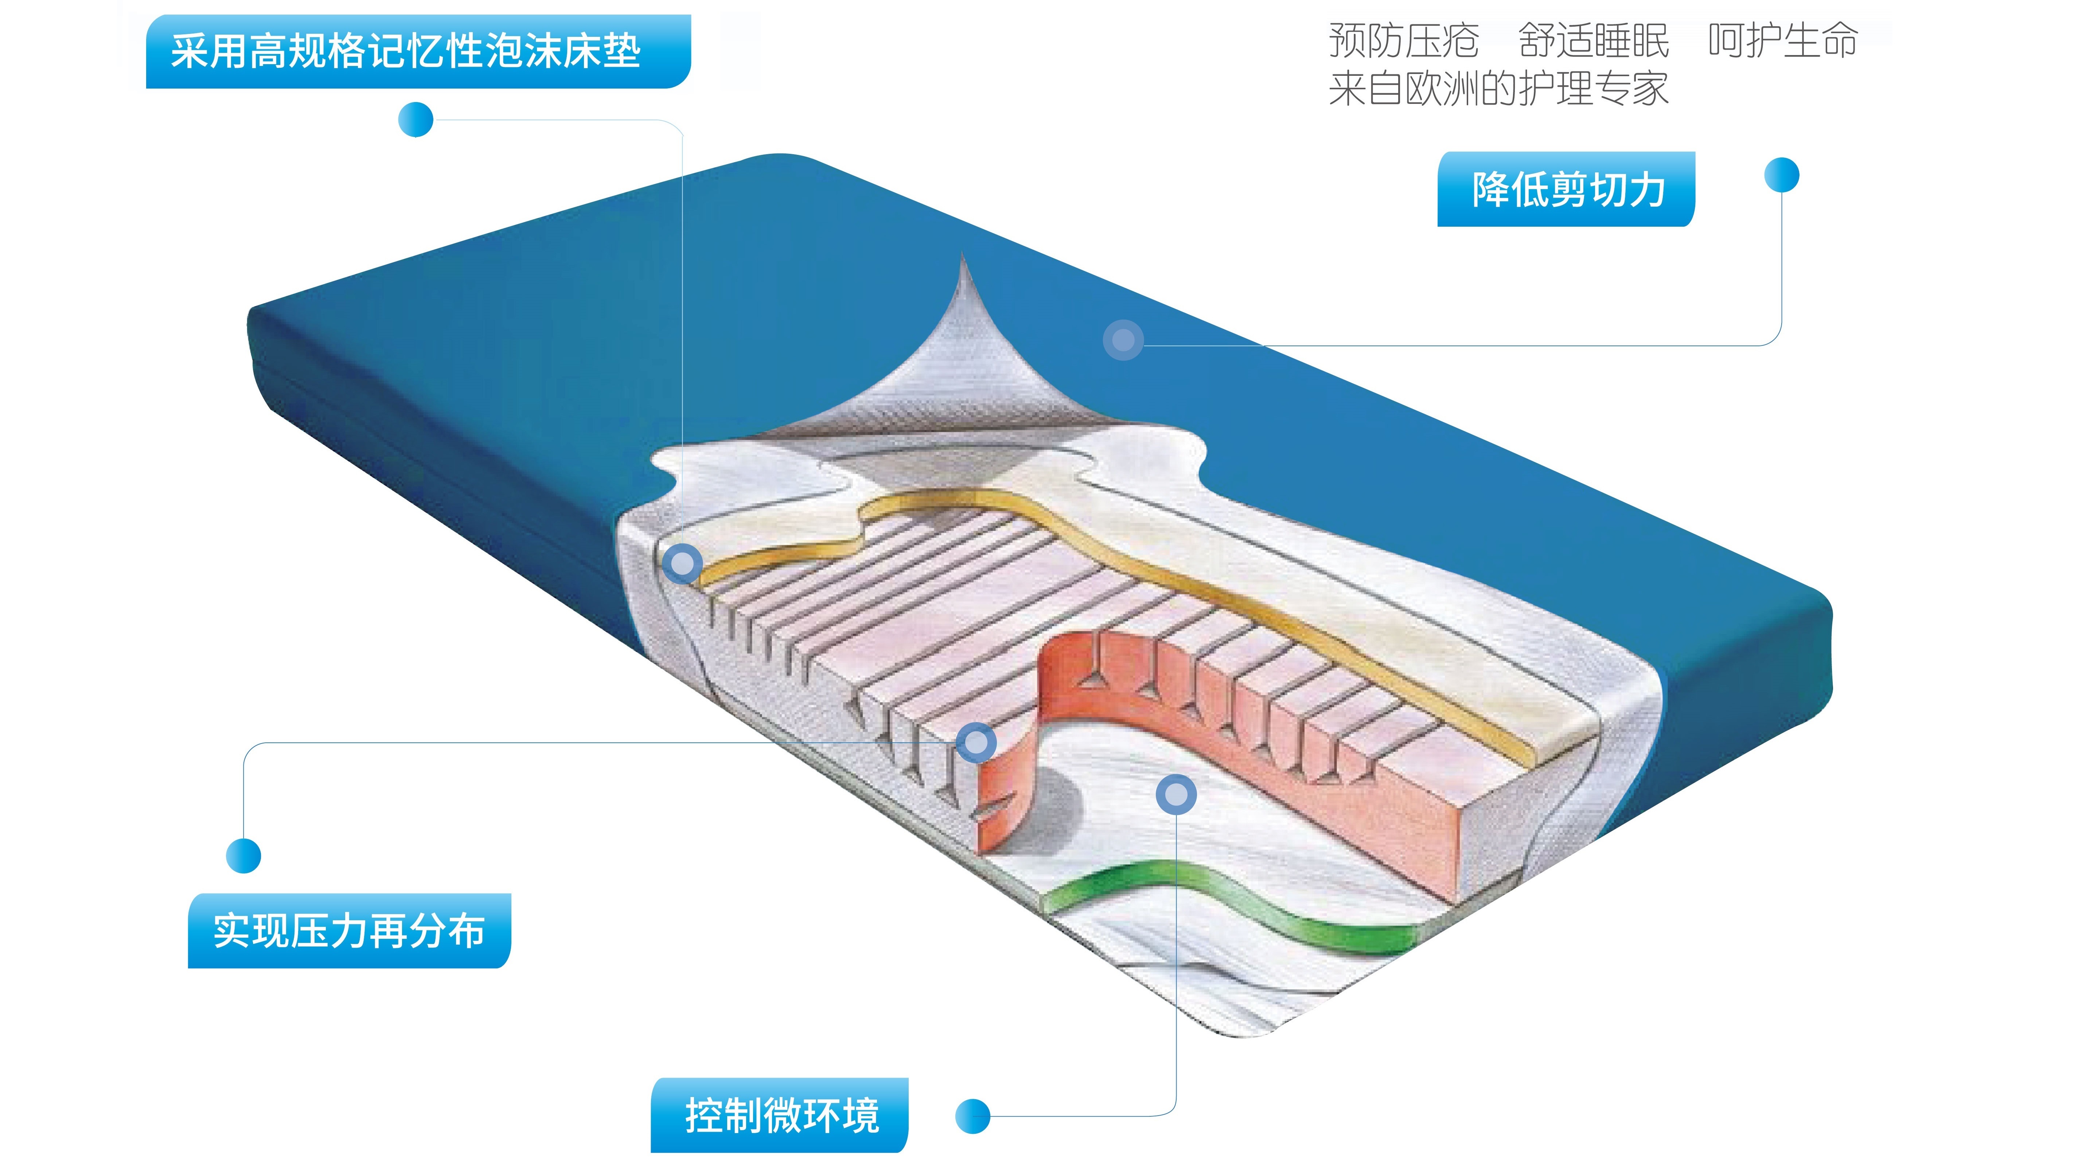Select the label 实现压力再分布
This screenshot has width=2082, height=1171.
pos(349,931)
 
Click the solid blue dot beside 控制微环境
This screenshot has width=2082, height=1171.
pos(972,1116)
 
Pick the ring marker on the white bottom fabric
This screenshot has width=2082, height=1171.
pos(1176,795)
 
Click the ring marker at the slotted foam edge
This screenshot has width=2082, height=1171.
pos(975,742)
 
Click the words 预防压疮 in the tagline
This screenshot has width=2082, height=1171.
pos(1404,40)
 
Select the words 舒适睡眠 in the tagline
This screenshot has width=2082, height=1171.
pos(1593,40)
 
